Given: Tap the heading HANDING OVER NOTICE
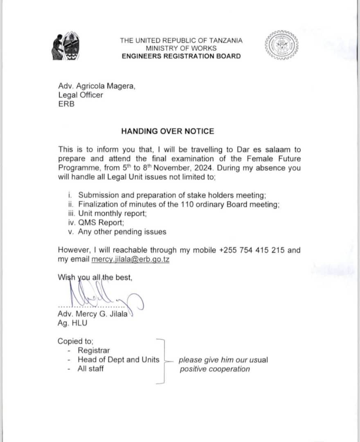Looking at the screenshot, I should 167,131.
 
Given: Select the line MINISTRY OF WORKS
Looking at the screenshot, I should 181,48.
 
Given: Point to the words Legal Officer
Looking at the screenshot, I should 81,95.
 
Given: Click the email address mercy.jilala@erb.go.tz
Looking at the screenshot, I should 130,259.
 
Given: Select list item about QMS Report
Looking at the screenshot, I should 101,223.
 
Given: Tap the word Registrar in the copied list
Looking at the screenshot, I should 94,350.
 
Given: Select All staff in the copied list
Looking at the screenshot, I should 90,368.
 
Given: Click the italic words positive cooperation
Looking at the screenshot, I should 214,369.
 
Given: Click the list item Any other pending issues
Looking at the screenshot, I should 122,232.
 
